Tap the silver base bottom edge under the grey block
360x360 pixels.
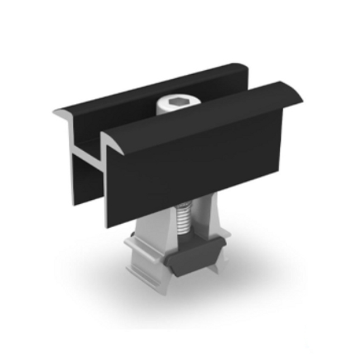(x=190, y=279)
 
